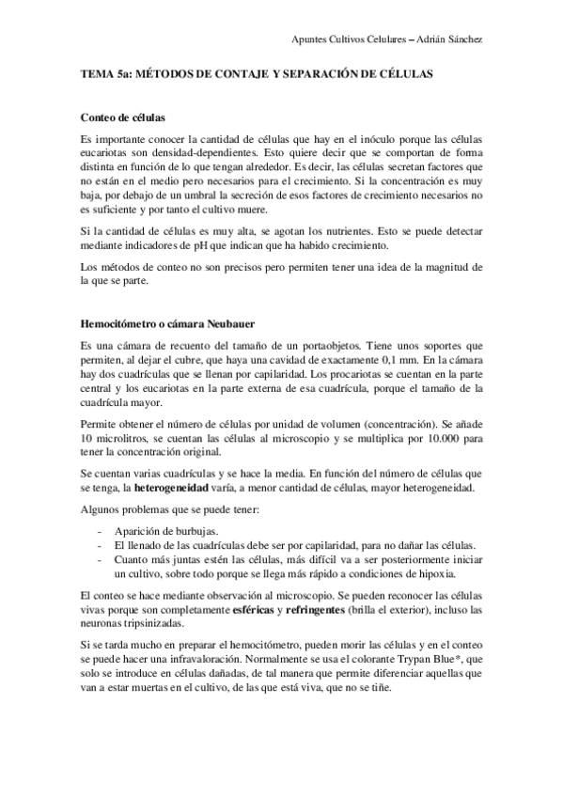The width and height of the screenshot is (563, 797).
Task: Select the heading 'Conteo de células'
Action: pos(123,119)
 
